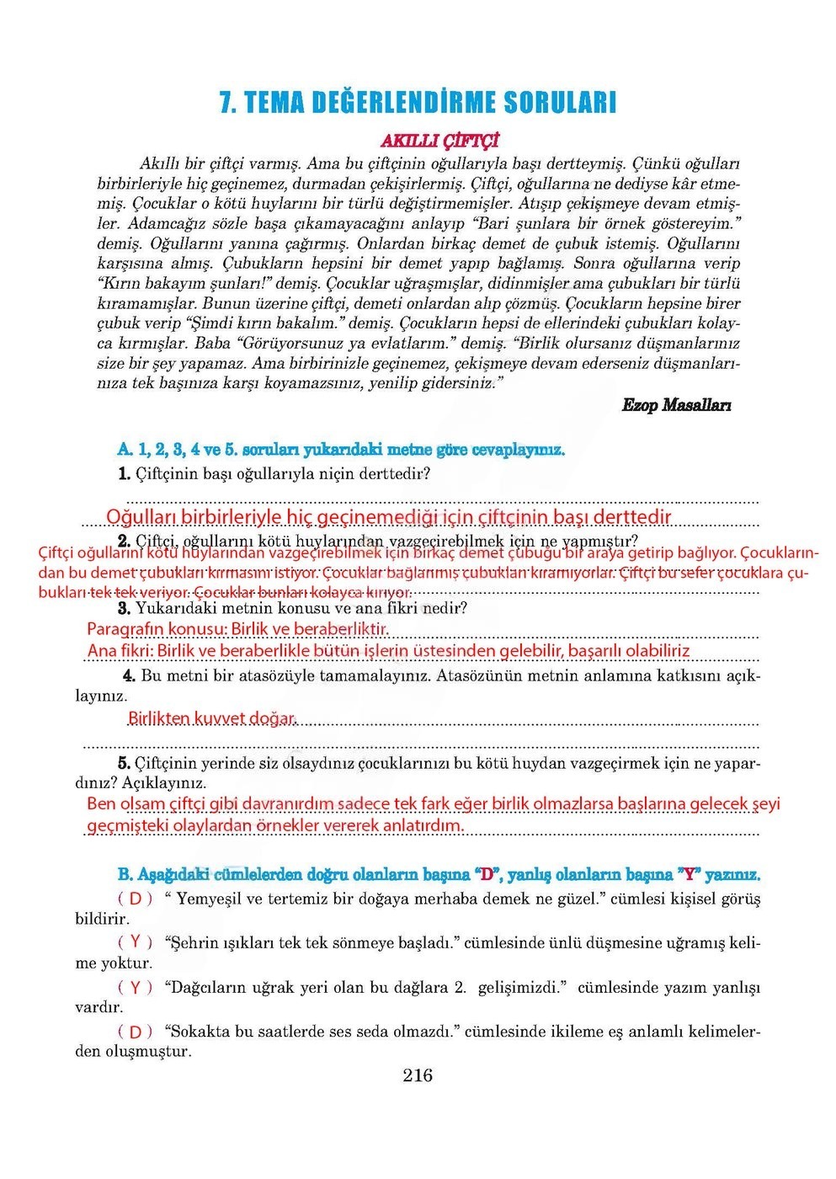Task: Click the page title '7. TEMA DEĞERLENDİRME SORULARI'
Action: pos(418,103)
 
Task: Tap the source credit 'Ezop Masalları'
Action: pos(676,405)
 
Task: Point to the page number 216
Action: pos(418,1075)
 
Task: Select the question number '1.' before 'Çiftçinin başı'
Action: pos(125,474)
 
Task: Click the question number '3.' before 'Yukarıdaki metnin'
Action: pos(124,608)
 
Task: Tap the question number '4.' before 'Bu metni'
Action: pos(129,675)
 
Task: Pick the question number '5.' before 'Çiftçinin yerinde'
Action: pos(124,763)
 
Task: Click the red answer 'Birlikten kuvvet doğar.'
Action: pos(212,718)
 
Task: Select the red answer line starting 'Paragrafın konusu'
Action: pos(238,629)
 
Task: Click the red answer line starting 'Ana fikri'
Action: pos(388,651)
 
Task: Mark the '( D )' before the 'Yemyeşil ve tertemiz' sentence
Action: pos(136,899)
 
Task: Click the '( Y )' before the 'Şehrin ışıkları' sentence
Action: pos(136,942)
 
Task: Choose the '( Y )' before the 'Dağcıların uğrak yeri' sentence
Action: pos(136,987)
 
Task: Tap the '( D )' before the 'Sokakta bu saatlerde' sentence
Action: pos(136,1031)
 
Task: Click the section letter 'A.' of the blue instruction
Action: pos(125,450)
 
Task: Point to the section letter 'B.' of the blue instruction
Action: pos(125,874)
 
